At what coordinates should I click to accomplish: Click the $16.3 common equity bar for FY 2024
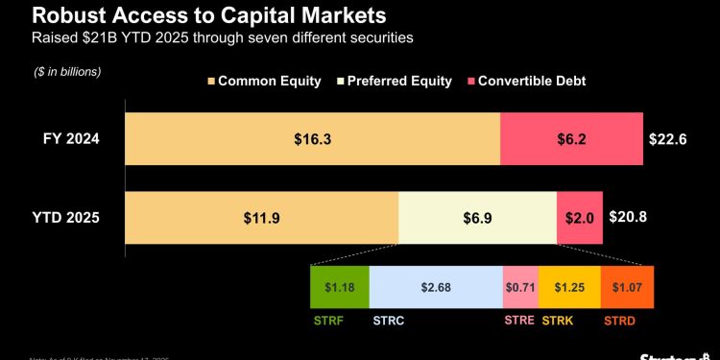point(312,139)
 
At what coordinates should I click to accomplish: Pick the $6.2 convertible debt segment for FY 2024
point(571,139)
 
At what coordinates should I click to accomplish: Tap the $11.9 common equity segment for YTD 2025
point(261,217)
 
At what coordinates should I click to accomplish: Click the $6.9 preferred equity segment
point(477,217)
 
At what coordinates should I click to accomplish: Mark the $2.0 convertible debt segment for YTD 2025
point(580,217)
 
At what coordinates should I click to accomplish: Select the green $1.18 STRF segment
point(340,287)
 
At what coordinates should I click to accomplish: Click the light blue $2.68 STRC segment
point(436,287)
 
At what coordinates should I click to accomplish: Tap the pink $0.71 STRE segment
point(520,287)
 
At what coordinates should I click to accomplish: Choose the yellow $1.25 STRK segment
point(569,287)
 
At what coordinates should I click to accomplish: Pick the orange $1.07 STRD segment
point(627,287)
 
